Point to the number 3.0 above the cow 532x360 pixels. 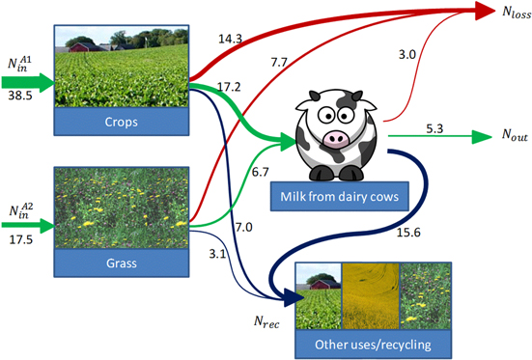pos(408,55)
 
